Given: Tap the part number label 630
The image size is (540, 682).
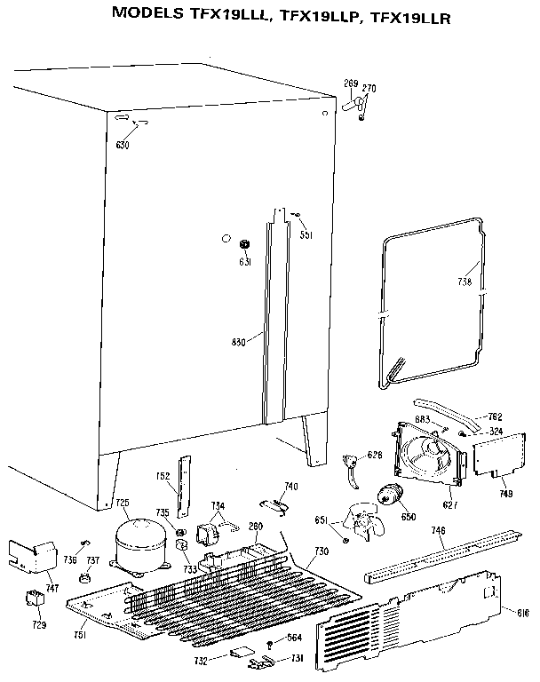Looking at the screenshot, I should click(122, 144).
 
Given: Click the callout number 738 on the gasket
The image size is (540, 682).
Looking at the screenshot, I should click(465, 282).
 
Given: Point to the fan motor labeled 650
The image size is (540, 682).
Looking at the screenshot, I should click(389, 498).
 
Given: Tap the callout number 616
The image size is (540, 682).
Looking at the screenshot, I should click(522, 613).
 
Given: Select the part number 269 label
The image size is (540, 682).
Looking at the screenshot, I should click(351, 83).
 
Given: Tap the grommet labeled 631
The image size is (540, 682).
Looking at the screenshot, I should click(246, 243).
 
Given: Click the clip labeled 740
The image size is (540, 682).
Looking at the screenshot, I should click(279, 505).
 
